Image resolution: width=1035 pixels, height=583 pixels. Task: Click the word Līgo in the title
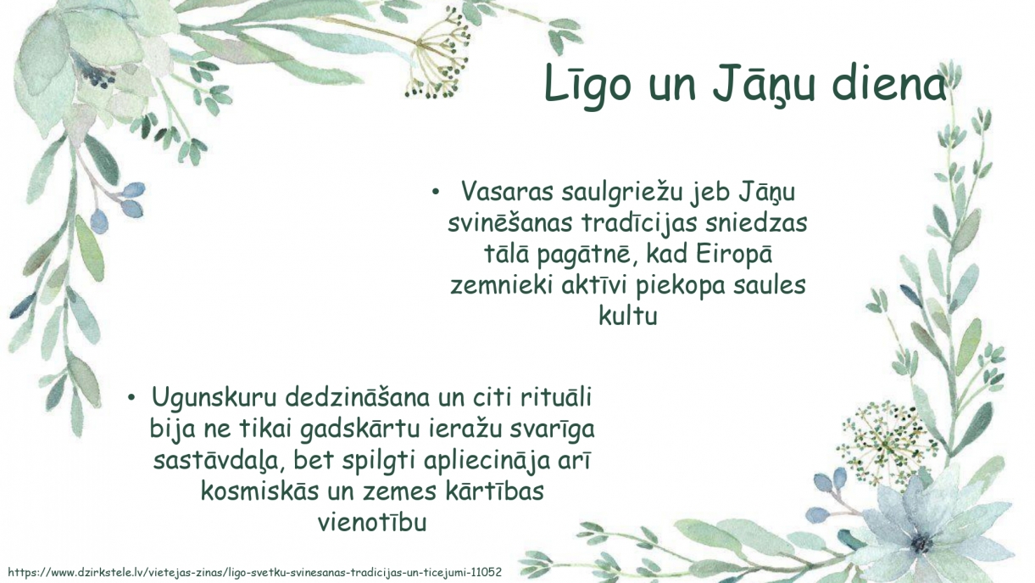587,86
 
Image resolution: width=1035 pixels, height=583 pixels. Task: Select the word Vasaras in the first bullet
507,191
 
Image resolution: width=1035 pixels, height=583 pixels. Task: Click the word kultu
628,316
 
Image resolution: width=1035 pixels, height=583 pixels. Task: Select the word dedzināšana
358,397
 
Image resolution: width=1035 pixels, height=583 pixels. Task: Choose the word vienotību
372,523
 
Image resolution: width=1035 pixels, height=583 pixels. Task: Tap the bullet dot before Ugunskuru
131,398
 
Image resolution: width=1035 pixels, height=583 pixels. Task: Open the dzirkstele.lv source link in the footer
254,572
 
